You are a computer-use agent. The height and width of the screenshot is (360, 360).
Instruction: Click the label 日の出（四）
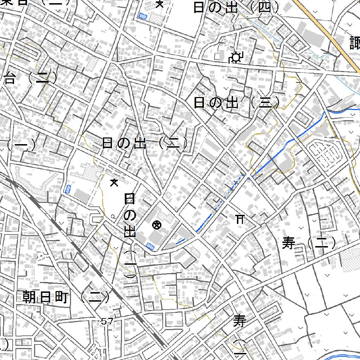tap(237, 8)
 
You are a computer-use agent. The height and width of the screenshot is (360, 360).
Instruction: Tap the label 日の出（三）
tap(237, 103)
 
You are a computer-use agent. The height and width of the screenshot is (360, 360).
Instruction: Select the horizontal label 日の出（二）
tap(144, 143)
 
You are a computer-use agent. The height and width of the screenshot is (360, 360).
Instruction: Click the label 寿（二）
tap(309, 243)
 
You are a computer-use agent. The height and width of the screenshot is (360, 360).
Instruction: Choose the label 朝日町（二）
tap(66, 298)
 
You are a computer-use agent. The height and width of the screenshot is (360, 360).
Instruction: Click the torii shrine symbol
tap(240, 219)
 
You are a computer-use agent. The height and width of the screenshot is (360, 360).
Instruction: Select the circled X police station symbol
tap(156, 225)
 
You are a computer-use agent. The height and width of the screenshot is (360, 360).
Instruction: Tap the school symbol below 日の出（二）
tap(114, 182)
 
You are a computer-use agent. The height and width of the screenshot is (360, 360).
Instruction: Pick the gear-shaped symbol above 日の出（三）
tap(236, 57)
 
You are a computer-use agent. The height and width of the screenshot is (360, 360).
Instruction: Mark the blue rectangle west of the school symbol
tap(67, 189)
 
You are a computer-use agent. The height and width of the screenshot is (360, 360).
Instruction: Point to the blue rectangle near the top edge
tap(142, 16)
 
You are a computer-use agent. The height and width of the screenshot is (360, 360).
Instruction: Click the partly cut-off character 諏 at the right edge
tap(355, 43)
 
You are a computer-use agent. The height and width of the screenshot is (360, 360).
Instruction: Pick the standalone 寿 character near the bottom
tap(240, 321)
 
